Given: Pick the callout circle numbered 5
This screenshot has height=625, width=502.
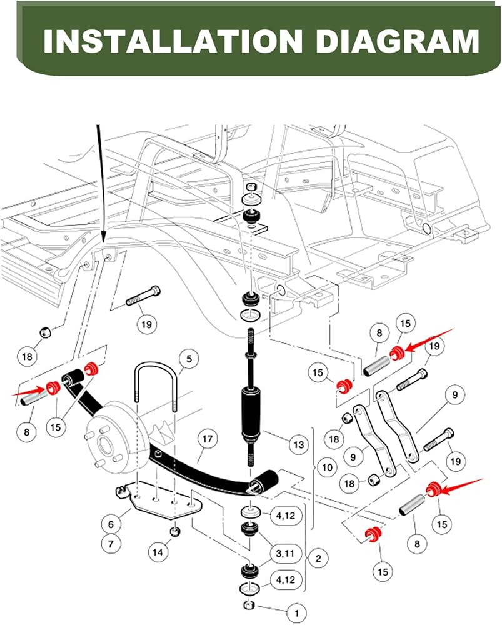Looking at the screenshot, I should (x=189, y=359).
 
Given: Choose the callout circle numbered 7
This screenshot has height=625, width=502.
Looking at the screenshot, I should (x=111, y=544).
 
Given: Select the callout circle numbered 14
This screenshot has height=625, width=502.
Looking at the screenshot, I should (x=158, y=551).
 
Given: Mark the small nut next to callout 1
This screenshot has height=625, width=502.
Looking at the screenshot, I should (x=248, y=605).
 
